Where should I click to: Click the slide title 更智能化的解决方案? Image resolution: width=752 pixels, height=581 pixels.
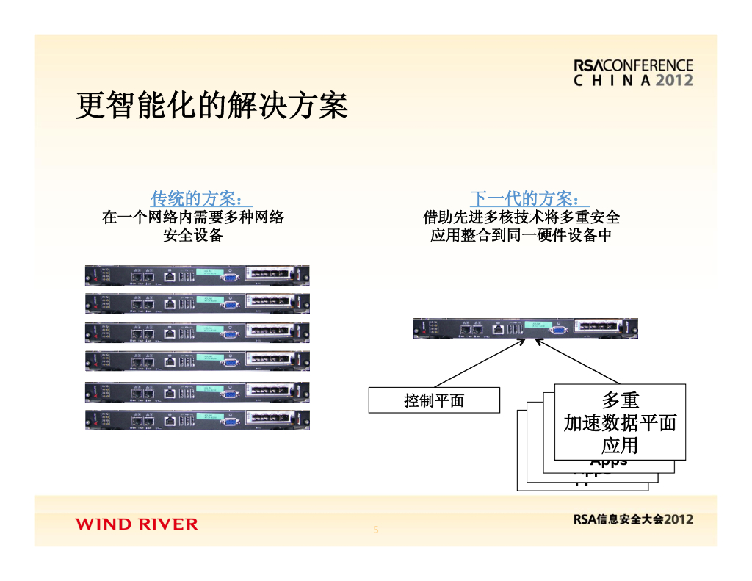point(211,106)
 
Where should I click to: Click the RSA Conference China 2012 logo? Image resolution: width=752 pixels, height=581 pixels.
point(633,73)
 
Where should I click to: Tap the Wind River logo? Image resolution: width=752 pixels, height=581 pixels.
point(136,524)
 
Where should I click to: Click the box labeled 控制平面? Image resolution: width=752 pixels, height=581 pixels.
point(434,400)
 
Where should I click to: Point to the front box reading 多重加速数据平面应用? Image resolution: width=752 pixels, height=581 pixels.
point(620,422)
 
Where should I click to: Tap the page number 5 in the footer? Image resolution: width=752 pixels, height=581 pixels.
point(376,530)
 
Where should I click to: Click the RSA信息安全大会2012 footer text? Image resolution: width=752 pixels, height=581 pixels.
point(632,519)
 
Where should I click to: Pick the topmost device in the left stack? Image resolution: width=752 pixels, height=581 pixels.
point(197,275)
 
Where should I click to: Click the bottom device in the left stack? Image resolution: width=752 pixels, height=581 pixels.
point(197,420)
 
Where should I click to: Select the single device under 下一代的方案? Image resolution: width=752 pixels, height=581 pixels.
point(525,328)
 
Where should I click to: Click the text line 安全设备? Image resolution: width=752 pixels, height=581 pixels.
point(192,235)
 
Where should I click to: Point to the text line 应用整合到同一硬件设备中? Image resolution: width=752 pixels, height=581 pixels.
point(521,235)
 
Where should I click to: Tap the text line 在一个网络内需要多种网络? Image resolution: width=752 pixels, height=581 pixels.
point(192,217)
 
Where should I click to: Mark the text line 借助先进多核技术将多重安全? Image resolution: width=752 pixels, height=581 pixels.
point(521,217)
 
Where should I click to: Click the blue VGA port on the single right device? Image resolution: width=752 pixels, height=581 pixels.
point(557,330)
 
